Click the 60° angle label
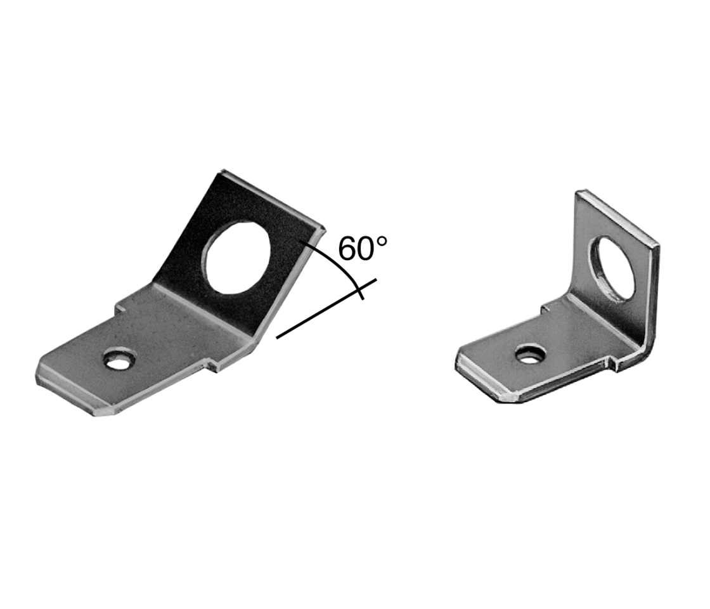[x=363, y=248]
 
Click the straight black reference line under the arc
[x=326, y=309]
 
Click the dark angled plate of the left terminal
[x=235, y=254]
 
